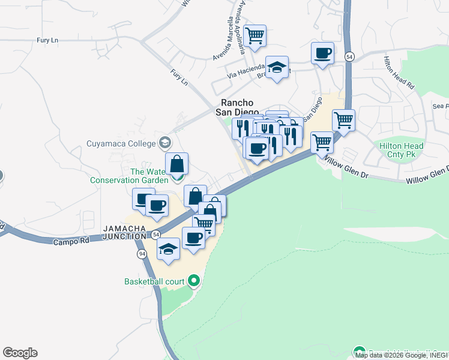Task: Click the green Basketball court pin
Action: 193,280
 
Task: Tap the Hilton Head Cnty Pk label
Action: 401,150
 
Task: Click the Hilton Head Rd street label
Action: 400,73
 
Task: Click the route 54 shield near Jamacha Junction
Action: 155,233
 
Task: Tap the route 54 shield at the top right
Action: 349,56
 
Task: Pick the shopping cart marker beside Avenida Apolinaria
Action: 255,35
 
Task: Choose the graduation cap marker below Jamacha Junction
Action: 169,249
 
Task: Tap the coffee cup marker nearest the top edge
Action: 322,53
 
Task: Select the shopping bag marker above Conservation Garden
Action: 177,163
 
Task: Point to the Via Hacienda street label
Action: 246,71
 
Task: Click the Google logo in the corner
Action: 20,353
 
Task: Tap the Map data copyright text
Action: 401,355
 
